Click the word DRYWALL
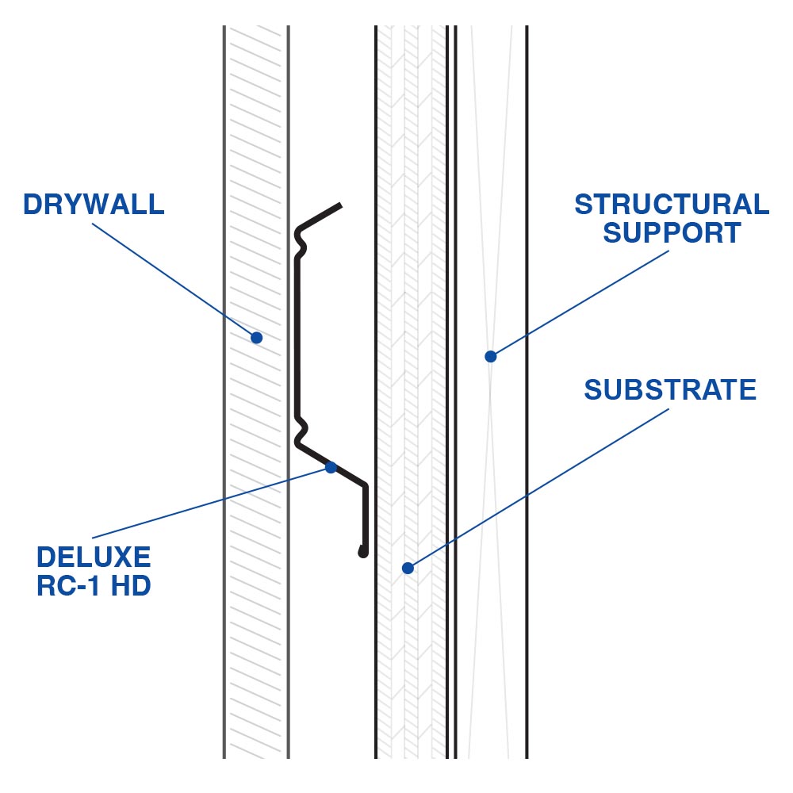(x=94, y=204)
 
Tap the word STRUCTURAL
(x=672, y=204)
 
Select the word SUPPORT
(x=672, y=233)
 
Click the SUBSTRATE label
(x=670, y=390)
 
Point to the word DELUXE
(x=94, y=557)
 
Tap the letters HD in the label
(x=131, y=588)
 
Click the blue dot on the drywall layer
(x=256, y=338)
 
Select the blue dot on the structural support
(x=491, y=357)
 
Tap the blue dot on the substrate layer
(x=408, y=568)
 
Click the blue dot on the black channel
(x=331, y=468)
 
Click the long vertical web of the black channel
(x=297, y=333)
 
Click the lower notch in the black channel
(x=301, y=428)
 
